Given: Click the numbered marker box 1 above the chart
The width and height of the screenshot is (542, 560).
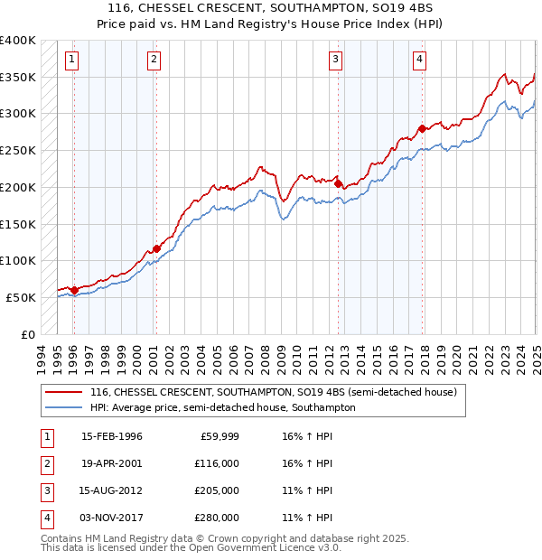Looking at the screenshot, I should (71, 61).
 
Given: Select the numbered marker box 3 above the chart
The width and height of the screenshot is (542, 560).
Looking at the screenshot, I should (335, 61).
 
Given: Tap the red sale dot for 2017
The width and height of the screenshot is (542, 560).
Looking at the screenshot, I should (422, 128).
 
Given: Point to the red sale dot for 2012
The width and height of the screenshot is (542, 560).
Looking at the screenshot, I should (338, 183).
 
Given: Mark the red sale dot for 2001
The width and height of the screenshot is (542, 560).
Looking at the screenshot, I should (156, 248).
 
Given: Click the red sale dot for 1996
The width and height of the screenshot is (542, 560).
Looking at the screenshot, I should (74, 290).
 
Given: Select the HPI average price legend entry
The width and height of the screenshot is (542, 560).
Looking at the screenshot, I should (222, 408).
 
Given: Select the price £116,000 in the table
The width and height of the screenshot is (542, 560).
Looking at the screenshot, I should (217, 463).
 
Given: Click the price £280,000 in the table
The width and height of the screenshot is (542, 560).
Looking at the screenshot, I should (217, 518).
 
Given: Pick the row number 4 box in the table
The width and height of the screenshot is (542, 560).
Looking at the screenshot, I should (46, 518).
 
